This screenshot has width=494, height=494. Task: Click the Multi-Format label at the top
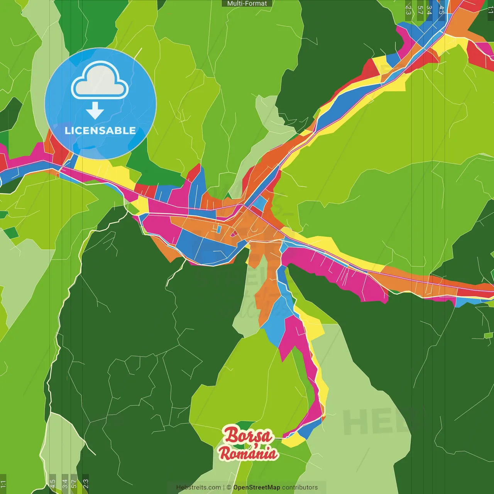tap(247, 3)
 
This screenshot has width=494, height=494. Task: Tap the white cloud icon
tap(100, 81)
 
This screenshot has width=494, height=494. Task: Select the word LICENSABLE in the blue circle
tap(100, 130)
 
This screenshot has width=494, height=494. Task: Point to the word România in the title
tap(248, 453)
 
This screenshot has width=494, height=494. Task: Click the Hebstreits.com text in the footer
tap(198, 487)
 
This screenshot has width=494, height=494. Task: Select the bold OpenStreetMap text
tap(256, 487)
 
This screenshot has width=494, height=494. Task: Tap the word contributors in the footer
tap(300, 487)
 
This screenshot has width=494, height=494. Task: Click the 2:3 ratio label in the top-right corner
tap(408, 10)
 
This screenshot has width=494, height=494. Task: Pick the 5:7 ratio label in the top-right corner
tap(420, 10)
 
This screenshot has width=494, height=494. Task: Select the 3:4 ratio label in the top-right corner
tap(430, 10)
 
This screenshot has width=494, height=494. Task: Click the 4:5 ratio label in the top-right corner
tap(441, 10)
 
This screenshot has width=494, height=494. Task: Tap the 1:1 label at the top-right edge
tap(490, 10)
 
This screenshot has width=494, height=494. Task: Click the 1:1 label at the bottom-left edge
tap(3, 484)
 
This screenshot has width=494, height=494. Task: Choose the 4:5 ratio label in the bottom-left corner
tap(52, 484)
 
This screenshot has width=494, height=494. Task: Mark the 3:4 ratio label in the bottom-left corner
tap(64, 484)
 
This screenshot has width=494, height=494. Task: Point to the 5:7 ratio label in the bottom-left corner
tap(74, 484)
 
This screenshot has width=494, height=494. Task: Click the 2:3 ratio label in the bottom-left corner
tap(85, 484)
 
